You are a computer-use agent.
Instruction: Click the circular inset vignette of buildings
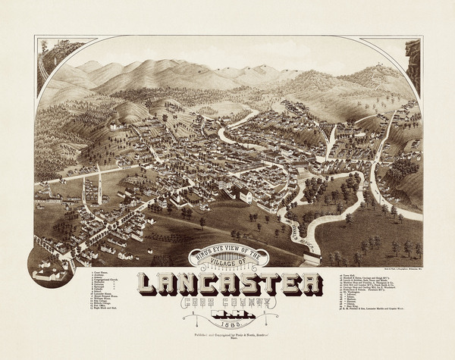[x=50, y=265]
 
